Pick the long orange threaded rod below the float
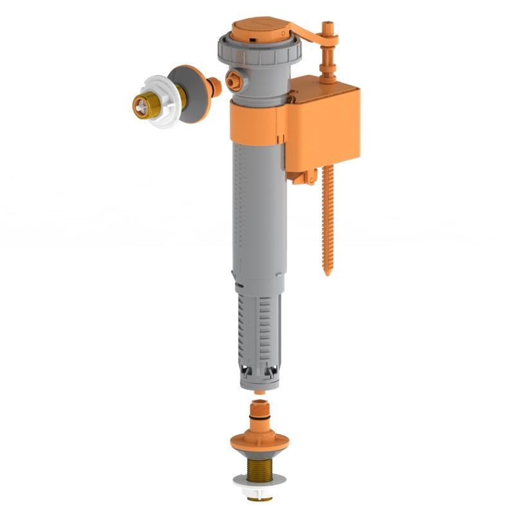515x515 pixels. (x=326, y=219)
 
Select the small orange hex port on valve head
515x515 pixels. (x=233, y=82)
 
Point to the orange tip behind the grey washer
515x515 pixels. (x=214, y=86)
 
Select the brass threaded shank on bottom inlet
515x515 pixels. (x=259, y=466)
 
